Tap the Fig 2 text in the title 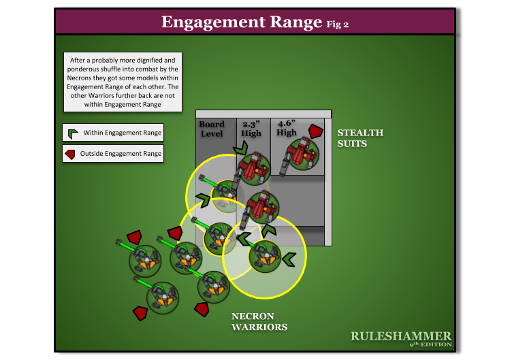[x=337, y=24]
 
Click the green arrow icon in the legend [x=71, y=133]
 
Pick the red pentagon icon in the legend [x=71, y=154]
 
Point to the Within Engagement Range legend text [x=123, y=133]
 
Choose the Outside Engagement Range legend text [x=121, y=154]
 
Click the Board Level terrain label [x=211, y=129]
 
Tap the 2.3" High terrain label [x=252, y=129]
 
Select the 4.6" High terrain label [x=287, y=129]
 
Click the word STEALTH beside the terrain [x=360, y=133]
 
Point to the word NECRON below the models [x=253, y=316]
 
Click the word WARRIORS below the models [x=259, y=327]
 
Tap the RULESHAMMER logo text [x=400, y=336]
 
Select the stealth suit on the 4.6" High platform [x=302, y=154]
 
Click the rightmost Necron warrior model [x=265, y=256]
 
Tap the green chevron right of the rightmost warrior [x=289, y=258]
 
